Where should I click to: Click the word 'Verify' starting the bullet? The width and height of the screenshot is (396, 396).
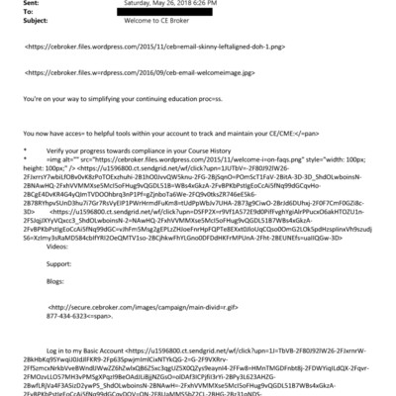tap(59, 148)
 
